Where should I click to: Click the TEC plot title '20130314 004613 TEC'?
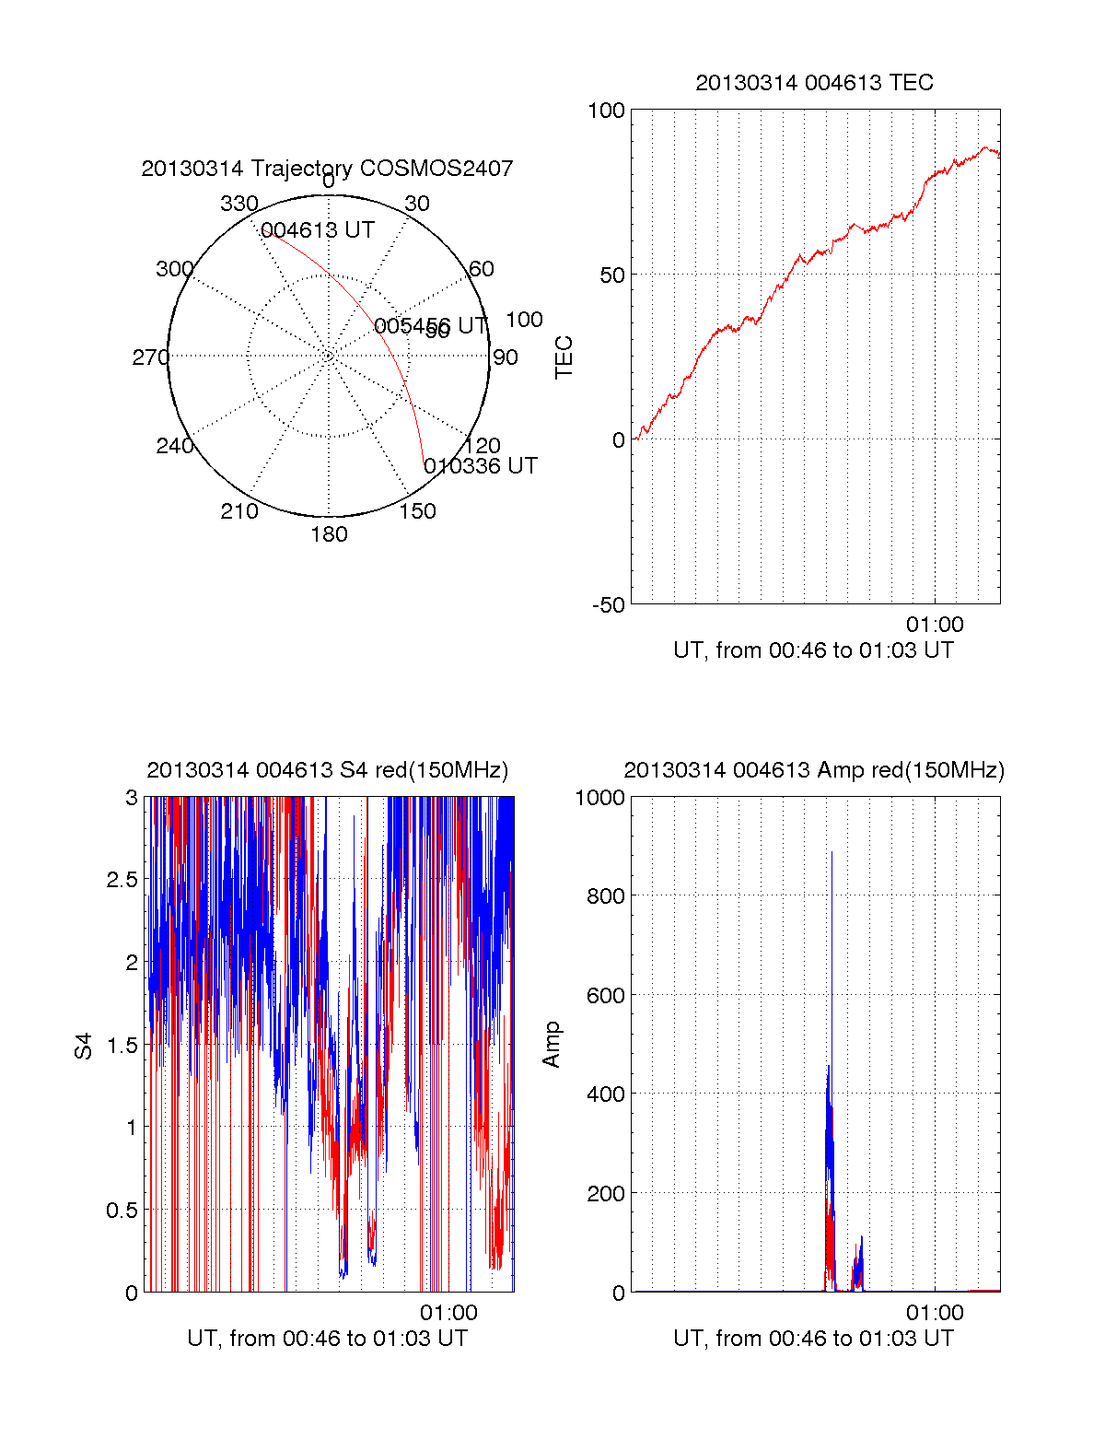coord(814,83)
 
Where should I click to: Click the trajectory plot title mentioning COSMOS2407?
coord(327,169)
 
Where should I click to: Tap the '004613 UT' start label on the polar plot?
coord(318,230)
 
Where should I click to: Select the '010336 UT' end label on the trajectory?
coord(481,466)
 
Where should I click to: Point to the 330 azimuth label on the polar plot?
coord(239,204)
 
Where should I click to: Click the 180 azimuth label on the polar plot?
coord(329,534)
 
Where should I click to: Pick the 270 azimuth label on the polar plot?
coord(150,357)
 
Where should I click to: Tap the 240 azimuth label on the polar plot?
coord(174,446)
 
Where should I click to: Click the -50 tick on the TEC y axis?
coord(608,605)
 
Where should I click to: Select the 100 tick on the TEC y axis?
coord(606,111)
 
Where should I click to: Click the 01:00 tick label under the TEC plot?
coord(935,625)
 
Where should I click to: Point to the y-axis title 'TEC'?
coord(564,357)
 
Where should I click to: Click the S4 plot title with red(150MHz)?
coord(327,770)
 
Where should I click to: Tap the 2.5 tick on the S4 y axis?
coord(122,880)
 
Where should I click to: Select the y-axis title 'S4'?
coord(84,1046)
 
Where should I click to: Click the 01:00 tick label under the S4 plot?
coord(448,1313)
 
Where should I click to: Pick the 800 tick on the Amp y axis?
coord(606,895)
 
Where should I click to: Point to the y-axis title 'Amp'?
coord(552,1045)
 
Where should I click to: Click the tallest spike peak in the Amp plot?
coord(832,852)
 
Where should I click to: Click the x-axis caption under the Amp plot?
coord(813,1339)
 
